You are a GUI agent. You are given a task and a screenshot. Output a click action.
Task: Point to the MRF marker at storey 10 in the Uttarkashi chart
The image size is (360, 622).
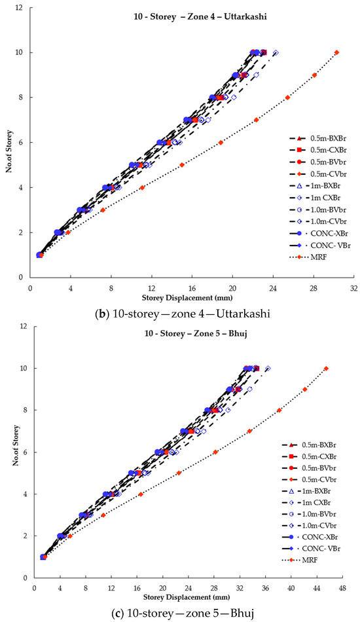[336, 52]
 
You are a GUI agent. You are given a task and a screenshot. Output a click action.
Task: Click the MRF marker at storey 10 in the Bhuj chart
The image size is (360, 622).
[326, 369]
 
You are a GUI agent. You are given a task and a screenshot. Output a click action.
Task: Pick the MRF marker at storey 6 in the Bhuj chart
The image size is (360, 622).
[215, 452]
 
